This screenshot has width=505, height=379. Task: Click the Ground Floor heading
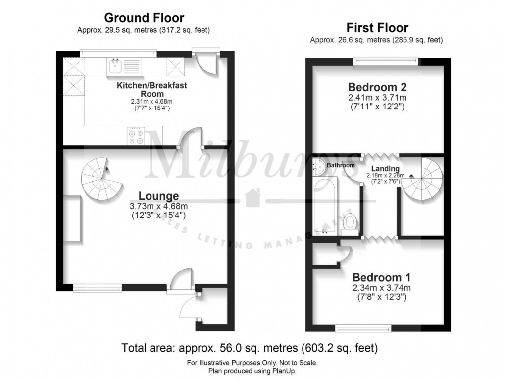coord(144,18)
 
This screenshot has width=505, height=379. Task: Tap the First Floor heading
coord(377,27)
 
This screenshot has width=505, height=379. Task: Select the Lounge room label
coord(158,196)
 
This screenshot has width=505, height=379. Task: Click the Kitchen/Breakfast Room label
coord(151,89)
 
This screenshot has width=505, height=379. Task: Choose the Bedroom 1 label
coord(381,277)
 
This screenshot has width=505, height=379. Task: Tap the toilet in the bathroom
coord(351,221)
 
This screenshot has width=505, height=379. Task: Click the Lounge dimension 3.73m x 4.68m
coord(158,206)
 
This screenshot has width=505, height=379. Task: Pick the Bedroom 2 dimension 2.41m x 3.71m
coord(377,98)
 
